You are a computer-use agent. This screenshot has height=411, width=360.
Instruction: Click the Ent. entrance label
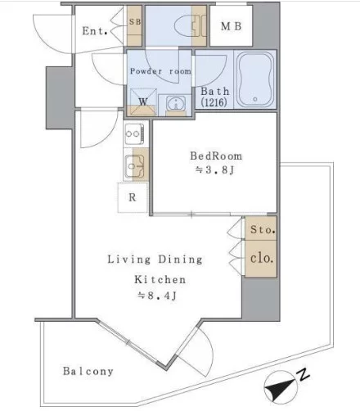click(95, 31)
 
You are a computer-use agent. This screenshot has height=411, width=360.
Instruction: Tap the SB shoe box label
click(135, 21)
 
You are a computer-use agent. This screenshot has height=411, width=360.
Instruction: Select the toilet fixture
click(191, 26)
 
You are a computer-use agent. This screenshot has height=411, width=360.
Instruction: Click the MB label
click(231, 26)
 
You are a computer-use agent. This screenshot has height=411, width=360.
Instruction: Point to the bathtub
click(255, 79)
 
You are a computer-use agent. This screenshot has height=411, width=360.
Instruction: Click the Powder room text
click(160, 71)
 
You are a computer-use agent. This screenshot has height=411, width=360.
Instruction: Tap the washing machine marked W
click(143, 102)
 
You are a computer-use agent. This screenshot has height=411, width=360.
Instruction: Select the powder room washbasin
click(176, 104)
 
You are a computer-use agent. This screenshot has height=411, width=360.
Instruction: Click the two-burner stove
click(134, 134)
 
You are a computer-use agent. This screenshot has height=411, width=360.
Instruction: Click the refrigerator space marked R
click(133, 197)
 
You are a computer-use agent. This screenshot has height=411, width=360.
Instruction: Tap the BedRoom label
click(216, 156)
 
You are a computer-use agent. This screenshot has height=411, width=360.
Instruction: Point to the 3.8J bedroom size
click(214, 170)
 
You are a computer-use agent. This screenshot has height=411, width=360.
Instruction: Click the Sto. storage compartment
click(261, 228)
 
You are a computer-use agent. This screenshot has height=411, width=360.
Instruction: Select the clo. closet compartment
click(261, 259)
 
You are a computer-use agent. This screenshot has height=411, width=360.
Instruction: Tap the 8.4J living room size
click(157, 296)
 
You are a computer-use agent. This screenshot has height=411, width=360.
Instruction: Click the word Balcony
click(88, 372)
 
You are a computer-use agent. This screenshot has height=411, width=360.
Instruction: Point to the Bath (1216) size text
click(215, 97)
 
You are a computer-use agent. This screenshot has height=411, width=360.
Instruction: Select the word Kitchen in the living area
click(160, 280)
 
